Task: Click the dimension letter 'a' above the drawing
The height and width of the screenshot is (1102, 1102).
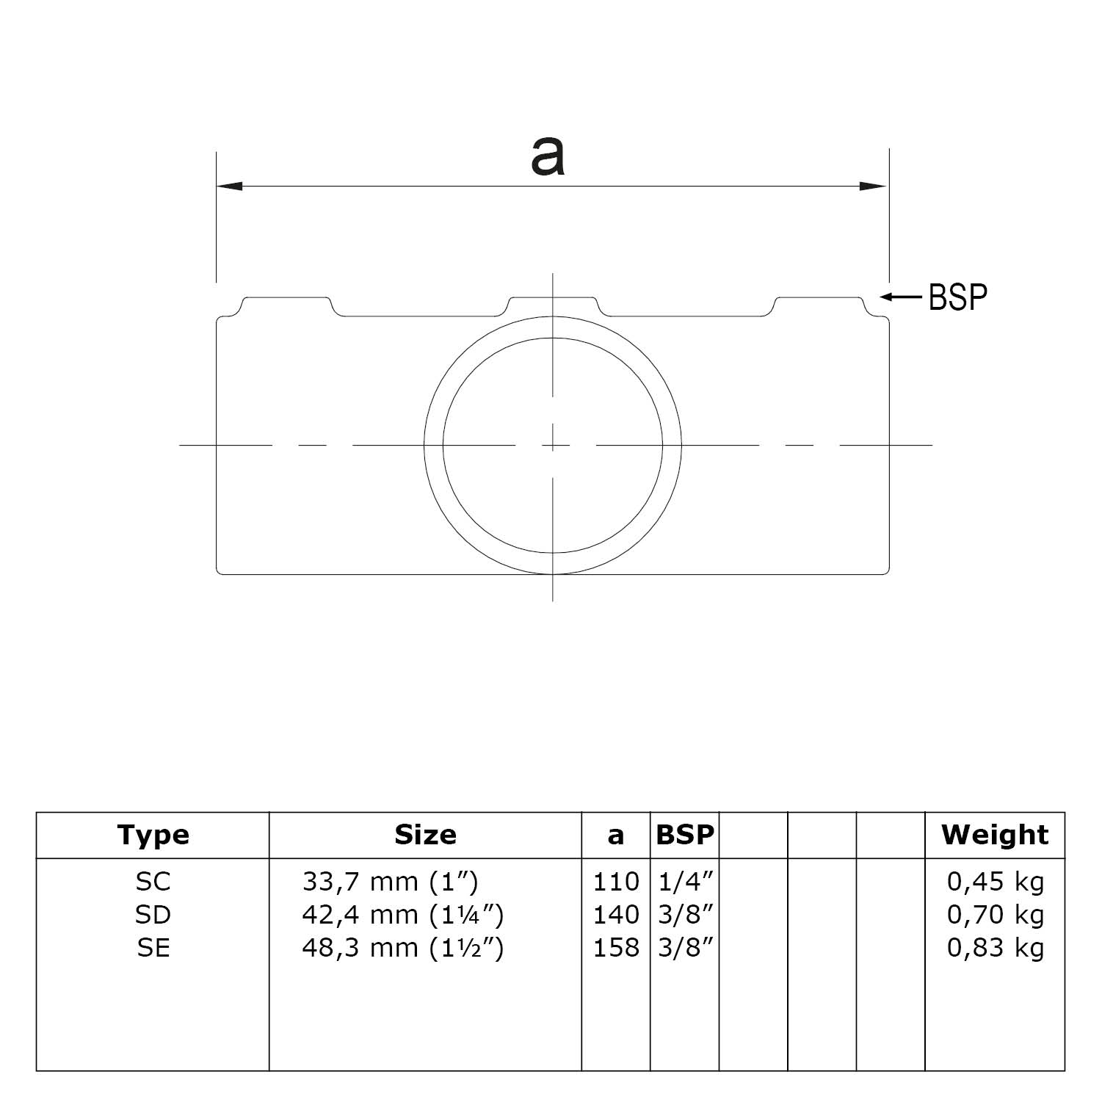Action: (548, 157)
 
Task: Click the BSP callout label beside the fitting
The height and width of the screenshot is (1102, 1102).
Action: (957, 297)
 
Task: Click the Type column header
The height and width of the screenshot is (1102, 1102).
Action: (153, 835)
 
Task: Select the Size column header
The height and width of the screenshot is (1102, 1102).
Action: (425, 835)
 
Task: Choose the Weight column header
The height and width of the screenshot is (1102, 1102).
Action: (995, 835)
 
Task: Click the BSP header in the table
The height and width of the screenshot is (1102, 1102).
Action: (684, 835)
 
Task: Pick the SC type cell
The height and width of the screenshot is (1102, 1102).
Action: (153, 881)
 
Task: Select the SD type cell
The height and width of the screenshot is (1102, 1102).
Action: (153, 915)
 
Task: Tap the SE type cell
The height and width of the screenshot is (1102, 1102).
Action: (153, 948)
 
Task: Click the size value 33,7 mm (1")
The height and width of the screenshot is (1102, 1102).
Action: (390, 881)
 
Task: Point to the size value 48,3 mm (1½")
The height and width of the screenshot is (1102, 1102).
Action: (402, 948)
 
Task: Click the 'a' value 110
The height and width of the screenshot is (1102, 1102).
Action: (616, 881)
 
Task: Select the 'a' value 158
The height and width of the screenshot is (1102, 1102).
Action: (616, 948)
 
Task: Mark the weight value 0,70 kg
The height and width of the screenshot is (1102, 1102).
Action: (995, 915)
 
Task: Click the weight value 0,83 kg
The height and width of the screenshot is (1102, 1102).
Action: (995, 948)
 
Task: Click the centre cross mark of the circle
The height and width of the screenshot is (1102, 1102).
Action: (553, 445)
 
